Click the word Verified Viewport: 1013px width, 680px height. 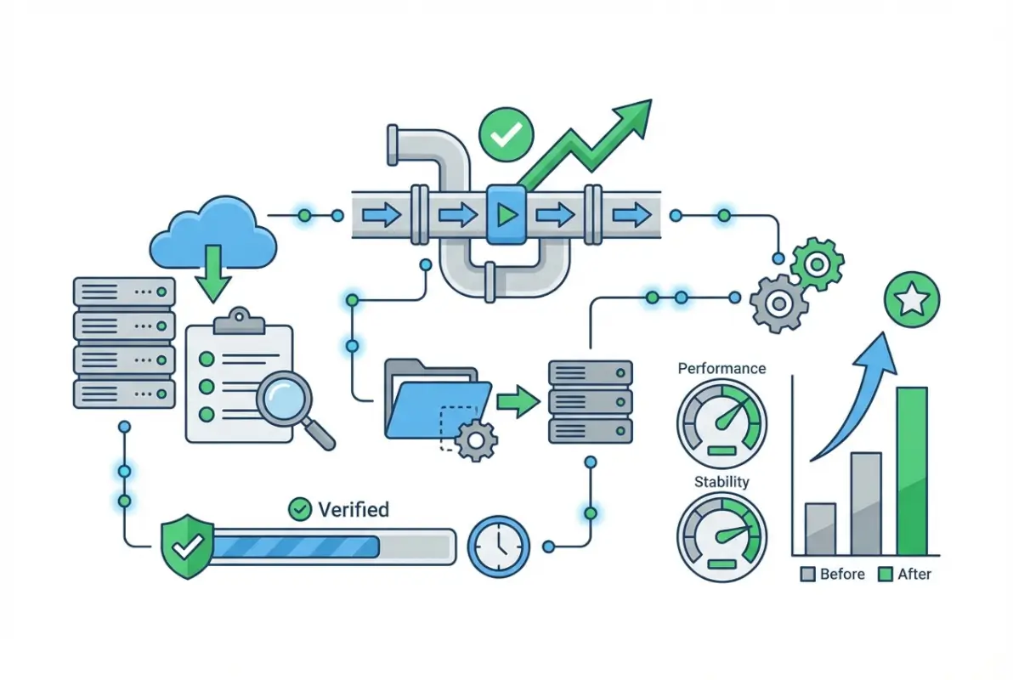tap(352, 509)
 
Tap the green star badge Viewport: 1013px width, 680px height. tap(911, 299)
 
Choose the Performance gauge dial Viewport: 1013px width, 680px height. tap(722, 420)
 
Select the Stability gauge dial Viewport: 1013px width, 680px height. tap(722, 536)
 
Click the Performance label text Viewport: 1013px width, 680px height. tap(722, 369)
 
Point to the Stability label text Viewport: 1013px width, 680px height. tap(722, 482)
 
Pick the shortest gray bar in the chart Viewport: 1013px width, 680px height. tap(820, 528)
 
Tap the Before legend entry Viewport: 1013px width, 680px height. tap(833, 575)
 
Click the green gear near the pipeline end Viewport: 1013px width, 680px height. tap(817, 264)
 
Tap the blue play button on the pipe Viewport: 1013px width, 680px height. tap(506, 215)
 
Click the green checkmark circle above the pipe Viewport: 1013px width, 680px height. tap(506, 134)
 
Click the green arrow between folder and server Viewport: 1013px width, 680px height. tap(518, 399)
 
